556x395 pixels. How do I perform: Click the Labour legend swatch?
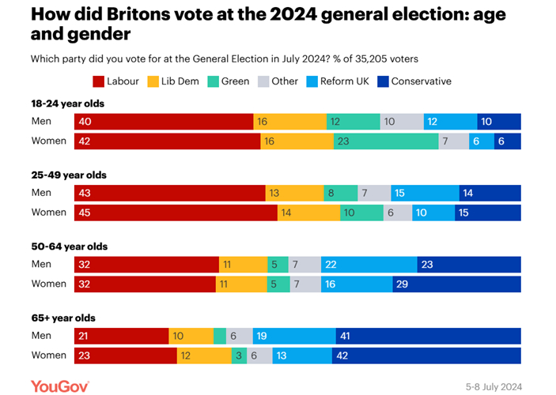click(x=99, y=81)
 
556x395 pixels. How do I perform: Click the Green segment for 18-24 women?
click(x=386, y=141)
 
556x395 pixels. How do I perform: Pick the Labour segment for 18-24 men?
click(x=164, y=121)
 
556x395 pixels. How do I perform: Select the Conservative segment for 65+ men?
click(x=428, y=336)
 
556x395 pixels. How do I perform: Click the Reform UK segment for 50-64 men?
click(x=369, y=265)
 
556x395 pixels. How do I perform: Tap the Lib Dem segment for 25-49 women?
click(x=308, y=213)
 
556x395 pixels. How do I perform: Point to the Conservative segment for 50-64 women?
click(x=456, y=284)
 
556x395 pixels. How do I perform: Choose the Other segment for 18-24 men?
click(x=402, y=121)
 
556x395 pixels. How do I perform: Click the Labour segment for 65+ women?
click(x=125, y=355)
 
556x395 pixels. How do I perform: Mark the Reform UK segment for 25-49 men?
click(x=425, y=193)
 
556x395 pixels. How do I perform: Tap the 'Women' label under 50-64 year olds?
click(x=48, y=284)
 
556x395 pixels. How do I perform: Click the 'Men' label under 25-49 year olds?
click(x=41, y=193)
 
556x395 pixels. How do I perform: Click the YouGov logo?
click(x=59, y=386)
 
